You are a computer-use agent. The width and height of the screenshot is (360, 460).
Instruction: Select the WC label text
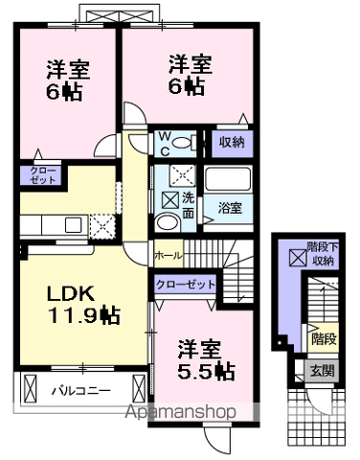(x=164, y=141)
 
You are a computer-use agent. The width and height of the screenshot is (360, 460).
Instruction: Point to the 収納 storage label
(x=231, y=142)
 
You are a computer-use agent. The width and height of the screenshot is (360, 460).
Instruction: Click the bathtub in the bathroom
(x=228, y=179)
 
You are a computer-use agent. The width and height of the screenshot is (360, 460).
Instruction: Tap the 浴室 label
(x=228, y=206)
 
